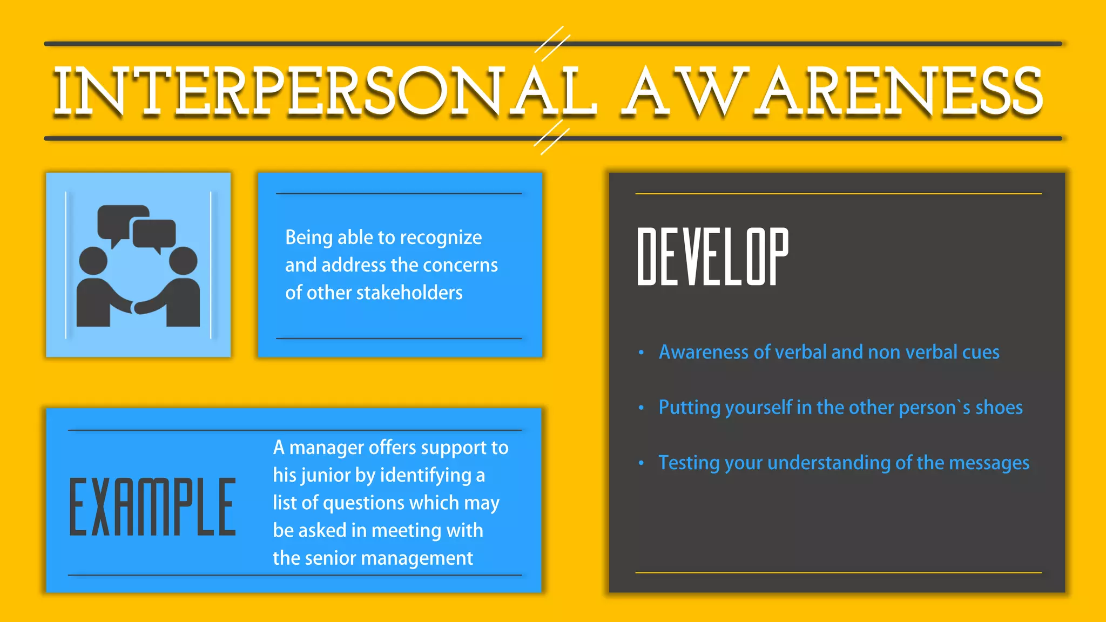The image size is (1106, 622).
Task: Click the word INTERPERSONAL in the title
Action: pos(324,92)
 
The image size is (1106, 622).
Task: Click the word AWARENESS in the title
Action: pos(832,92)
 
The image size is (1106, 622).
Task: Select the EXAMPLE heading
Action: pos(152,508)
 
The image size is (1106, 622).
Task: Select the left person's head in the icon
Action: pos(93,261)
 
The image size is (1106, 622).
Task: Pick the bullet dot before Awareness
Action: pos(641,353)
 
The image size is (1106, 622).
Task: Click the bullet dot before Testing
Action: pos(641,463)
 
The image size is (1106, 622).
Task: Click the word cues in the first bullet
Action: pos(981,353)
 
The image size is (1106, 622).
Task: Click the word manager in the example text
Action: pos(326,448)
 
